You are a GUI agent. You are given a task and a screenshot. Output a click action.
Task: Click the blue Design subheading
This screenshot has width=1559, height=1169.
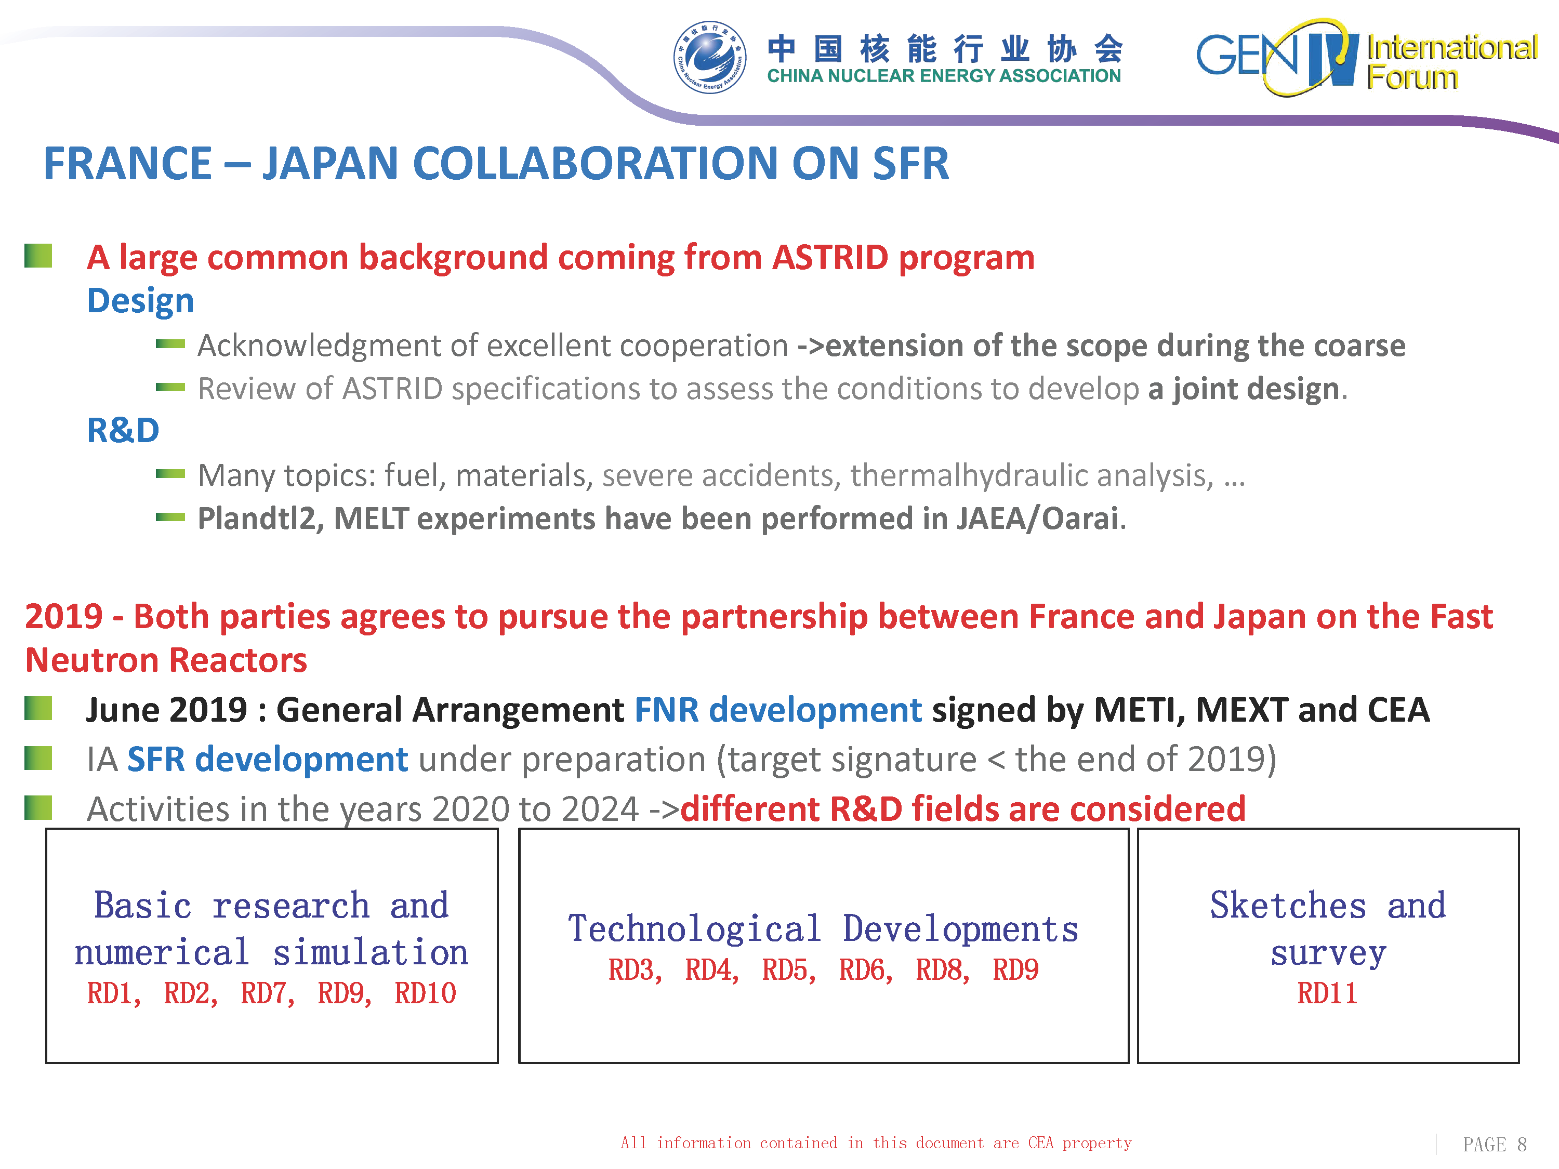pos(140,301)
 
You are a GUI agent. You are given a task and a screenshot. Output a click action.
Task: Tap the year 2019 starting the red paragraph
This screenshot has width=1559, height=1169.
pos(64,617)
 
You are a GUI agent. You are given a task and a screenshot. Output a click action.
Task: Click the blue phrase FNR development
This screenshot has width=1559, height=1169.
pos(778,710)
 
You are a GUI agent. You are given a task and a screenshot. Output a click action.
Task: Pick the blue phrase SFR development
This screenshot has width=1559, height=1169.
pos(267,760)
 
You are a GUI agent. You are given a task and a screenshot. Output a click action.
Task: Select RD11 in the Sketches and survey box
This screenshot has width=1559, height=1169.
pos(1327,993)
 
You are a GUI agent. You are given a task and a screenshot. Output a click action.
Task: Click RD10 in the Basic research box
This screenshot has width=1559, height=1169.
pos(425,993)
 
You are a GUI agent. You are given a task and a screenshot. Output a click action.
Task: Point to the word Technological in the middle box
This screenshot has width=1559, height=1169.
pos(695,929)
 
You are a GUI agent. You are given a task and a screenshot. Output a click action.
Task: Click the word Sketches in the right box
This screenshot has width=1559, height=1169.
pos(1288,906)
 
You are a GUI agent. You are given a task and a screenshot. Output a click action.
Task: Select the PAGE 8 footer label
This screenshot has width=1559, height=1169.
pos(1494,1145)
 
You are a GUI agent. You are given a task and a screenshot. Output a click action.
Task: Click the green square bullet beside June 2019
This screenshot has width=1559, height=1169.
pos(38,708)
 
